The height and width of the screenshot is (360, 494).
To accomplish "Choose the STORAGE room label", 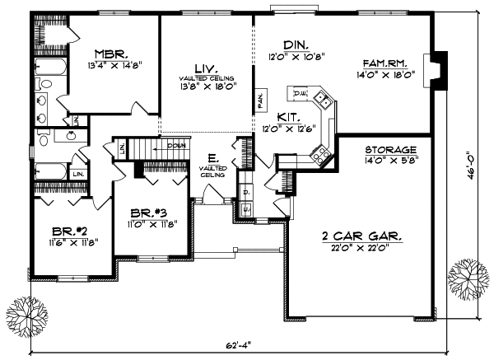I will tap(390, 150).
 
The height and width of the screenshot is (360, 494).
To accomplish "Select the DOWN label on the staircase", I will tap(175, 145).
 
